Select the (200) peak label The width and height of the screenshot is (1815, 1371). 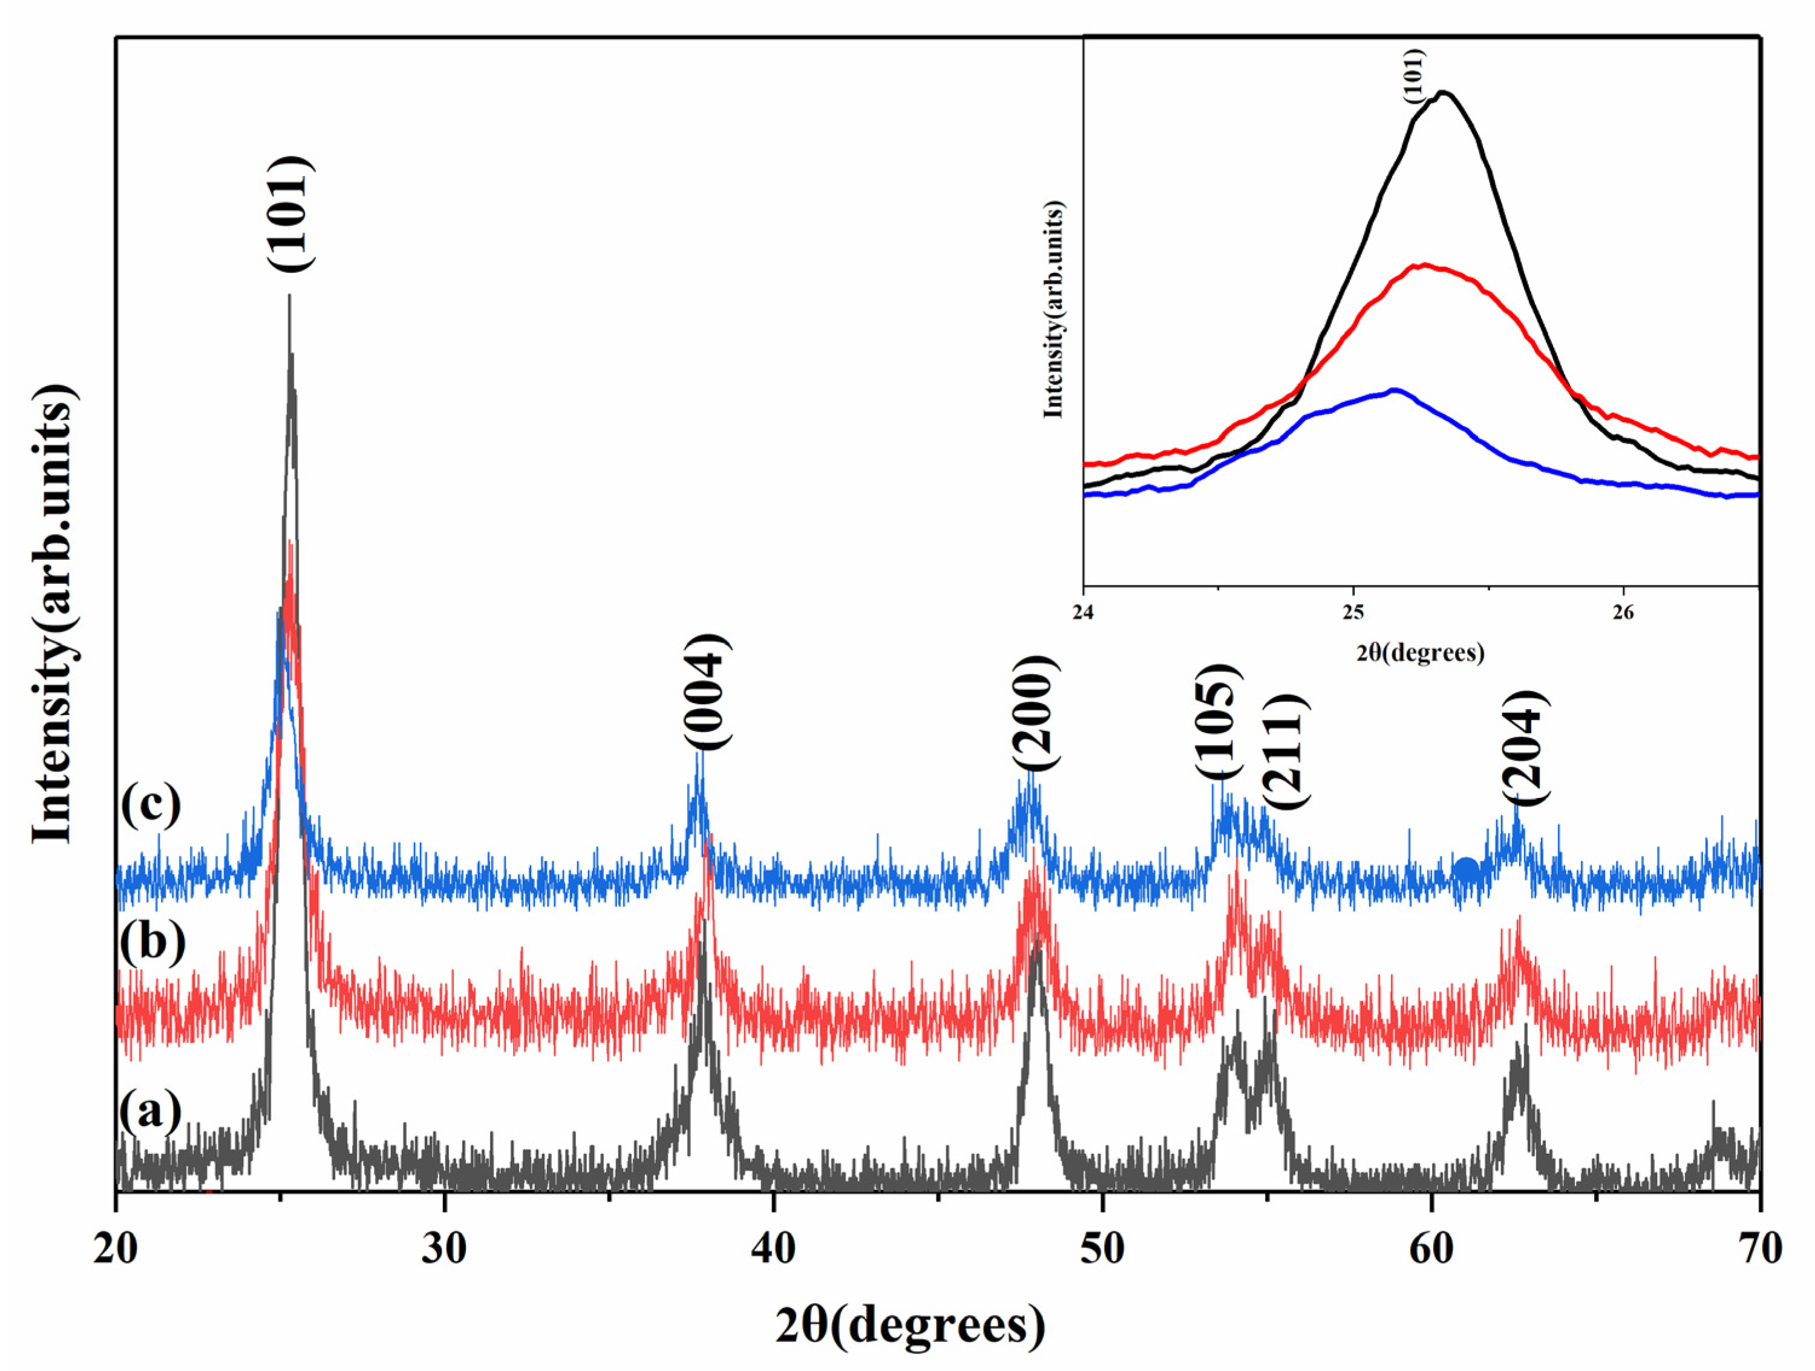[1036, 713]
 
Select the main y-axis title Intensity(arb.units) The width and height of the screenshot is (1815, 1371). [56, 611]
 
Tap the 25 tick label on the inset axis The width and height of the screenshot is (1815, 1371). [1353, 614]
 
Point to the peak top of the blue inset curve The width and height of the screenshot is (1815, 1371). [1394, 390]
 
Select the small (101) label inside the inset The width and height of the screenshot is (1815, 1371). [1416, 76]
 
